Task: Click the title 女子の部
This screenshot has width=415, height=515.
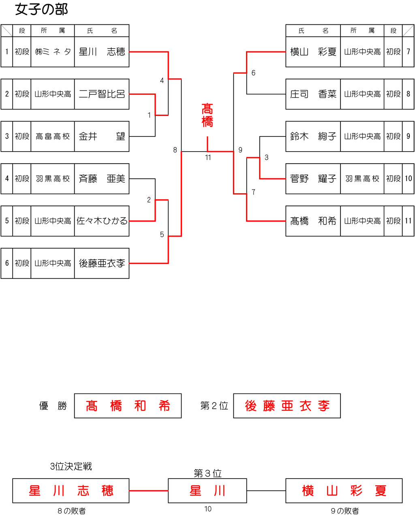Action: [x=41, y=9]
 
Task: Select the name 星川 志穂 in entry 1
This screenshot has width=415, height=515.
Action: [x=102, y=52]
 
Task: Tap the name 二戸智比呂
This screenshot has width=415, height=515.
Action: [x=102, y=94]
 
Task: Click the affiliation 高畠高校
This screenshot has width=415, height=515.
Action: [x=53, y=137]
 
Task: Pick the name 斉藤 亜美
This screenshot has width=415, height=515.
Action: [x=102, y=179]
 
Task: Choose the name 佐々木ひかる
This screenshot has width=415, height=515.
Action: [x=102, y=221]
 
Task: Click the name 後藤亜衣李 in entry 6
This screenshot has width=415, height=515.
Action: [x=102, y=263]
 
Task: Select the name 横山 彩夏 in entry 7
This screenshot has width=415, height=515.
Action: [x=313, y=52]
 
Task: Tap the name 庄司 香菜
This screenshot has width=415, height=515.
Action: [x=313, y=94]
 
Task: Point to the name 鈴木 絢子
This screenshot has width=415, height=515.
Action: [x=313, y=137]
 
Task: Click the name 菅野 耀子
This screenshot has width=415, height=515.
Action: [x=313, y=179]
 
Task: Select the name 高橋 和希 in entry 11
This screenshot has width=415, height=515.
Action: [x=313, y=221]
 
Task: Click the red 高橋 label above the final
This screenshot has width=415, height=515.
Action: [x=207, y=115]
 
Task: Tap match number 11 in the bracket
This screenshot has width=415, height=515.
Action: [x=208, y=158]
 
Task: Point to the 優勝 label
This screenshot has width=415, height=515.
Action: [x=53, y=406]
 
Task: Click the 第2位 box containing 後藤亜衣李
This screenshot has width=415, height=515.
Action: [x=287, y=406]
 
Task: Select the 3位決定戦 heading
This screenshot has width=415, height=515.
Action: [x=71, y=466]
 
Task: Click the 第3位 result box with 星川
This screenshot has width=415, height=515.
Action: [x=207, y=491]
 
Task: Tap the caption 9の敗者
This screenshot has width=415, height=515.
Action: [x=344, y=511]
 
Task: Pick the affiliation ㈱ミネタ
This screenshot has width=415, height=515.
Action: [x=53, y=52]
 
